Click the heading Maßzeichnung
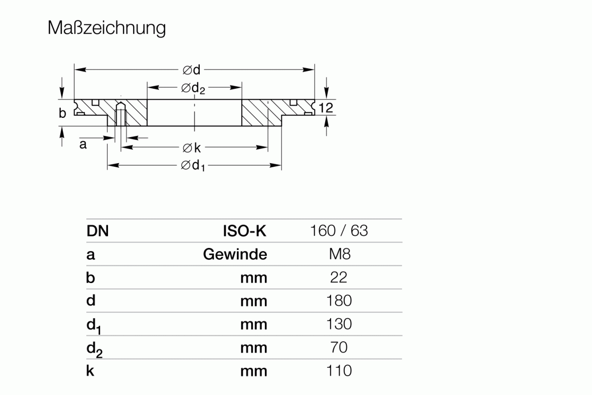(107, 29)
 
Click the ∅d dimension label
(191, 70)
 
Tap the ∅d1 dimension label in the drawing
(193, 166)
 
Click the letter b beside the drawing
(62, 113)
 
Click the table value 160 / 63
(339, 231)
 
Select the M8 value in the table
(339, 254)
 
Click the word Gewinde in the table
(235, 254)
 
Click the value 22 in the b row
(339, 277)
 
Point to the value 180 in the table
(339, 300)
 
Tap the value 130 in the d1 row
(339, 324)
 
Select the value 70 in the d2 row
(339, 347)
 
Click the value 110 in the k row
(339, 370)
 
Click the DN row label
(97, 231)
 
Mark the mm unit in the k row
(254, 371)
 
